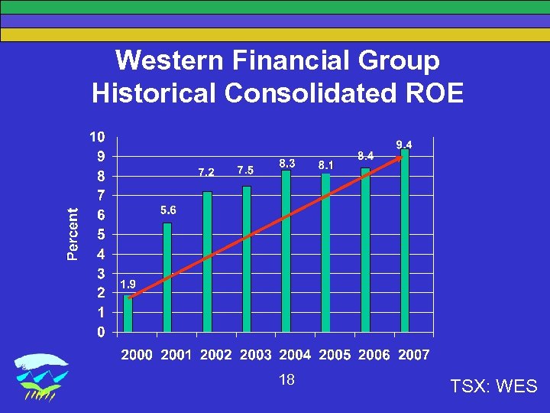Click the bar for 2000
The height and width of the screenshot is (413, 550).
click(128, 314)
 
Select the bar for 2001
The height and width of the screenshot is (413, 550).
click(167, 278)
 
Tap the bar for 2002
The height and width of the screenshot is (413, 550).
click(207, 262)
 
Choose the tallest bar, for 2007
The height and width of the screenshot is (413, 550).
click(405, 240)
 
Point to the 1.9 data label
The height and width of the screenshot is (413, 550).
click(128, 284)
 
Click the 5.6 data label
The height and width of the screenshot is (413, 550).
click(168, 210)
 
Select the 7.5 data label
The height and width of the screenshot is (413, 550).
click(245, 170)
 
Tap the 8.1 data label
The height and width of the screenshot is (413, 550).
click(325, 164)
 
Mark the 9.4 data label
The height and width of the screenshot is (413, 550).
click(404, 145)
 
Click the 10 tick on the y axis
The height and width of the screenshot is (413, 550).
click(98, 138)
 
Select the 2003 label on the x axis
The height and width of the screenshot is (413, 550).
click(255, 355)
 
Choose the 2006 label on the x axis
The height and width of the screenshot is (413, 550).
click(373, 355)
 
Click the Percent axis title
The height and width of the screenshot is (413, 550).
click(73, 234)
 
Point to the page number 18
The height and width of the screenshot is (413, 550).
click(287, 380)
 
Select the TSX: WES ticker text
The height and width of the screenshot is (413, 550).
click(494, 386)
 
